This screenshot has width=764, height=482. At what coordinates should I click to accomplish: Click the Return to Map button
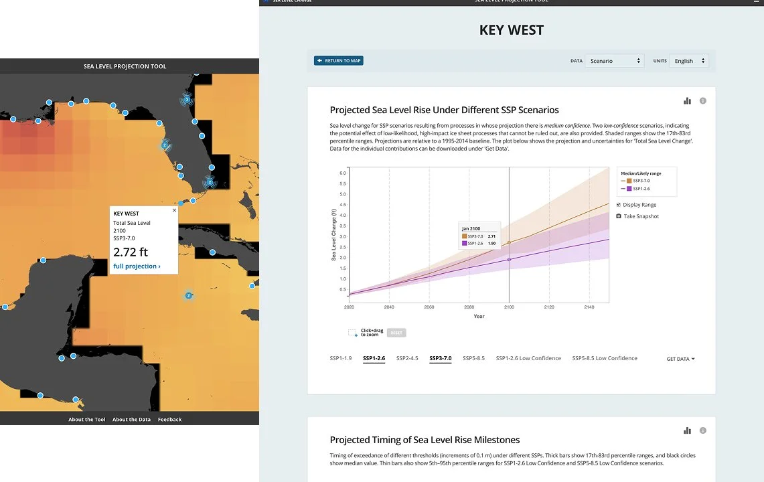(x=339, y=61)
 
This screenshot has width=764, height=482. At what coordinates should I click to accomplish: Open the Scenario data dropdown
(x=615, y=61)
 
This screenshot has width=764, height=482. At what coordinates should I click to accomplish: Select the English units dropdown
(x=689, y=61)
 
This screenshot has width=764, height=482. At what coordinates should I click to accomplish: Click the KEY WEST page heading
(x=512, y=30)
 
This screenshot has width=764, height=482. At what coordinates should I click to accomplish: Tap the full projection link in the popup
(x=137, y=266)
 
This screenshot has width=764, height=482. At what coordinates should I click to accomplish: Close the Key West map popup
(x=175, y=210)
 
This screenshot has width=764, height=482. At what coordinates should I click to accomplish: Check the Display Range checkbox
(x=619, y=205)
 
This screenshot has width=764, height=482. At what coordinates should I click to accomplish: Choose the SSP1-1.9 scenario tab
(x=341, y=358)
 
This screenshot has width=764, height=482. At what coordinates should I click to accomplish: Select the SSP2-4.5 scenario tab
(x=407, y=358)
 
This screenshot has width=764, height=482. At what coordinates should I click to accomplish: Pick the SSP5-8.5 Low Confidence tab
(x=605, y=358)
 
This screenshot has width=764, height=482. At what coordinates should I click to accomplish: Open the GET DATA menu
(x=680, y=359)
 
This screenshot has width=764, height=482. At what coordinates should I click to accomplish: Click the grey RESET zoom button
(x=396, y=333)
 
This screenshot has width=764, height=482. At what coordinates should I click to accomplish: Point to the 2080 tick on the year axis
(x=469, y=307)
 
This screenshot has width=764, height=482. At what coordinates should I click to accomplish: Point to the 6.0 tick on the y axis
(x=342, y=173)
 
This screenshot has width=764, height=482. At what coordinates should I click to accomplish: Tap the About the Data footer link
(x=131, y=420)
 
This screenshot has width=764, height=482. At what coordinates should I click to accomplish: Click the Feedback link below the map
(x=169, y=420)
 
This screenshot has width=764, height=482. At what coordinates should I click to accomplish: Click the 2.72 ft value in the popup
(x=131, y=252)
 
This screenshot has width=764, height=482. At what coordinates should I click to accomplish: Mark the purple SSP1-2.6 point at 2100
(x=509, y=260)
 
